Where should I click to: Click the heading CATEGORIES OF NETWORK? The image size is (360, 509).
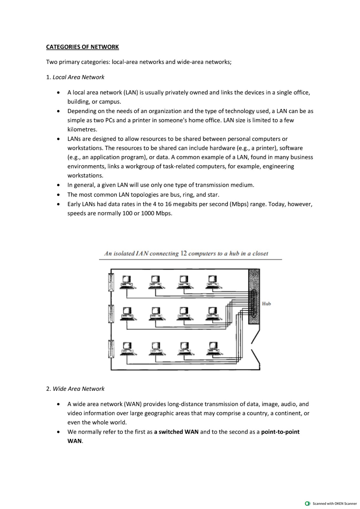pyautogui.click(x=82, y=47)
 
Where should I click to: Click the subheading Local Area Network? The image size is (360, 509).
pyautogui.click(x=78, y=77)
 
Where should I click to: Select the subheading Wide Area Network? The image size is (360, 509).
pyautogui.click(x=78, y=389)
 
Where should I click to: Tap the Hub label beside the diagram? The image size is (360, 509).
pyautogui.click(x=266, y=304)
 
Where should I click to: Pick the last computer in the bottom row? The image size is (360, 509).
pyautogui.click(x=213, y=349)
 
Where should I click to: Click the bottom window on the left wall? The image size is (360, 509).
pyautogui.click(x=111, y=349)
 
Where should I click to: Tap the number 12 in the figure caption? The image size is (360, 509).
pyautogui.click(x=184, y=253)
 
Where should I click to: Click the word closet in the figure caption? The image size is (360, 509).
pyautogui.click(x=260, y=253)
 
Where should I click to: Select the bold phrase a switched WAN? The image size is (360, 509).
pyautogui.click(x=176, y=432)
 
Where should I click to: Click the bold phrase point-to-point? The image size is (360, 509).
pyautogui.click(x=280, y=432)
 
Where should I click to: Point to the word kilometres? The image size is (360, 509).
pyautogui.click(x=82, y=130)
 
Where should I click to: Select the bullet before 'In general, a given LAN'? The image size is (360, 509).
pyautogui.click(x=58, y=185)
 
